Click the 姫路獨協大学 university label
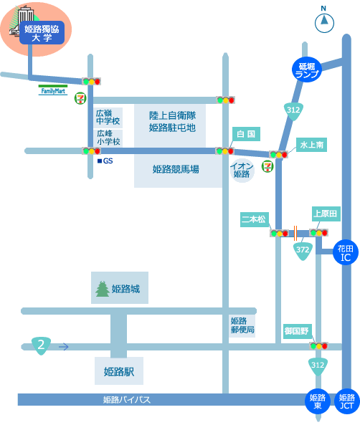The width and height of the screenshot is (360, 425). point(42,32)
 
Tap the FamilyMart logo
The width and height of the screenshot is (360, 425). point(53,90)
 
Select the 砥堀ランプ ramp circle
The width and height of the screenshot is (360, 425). point(306,70)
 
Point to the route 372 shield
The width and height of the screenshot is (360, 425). point(303,251)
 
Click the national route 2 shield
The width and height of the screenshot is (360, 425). point(41,345)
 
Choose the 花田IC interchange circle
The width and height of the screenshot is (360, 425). point(346,252)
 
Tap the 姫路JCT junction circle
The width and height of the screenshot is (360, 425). point(346,401)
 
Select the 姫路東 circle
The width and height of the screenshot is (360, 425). point(318,401)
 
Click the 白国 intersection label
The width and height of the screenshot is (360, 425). point(246,134)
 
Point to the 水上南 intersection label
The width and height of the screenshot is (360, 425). point(311,145)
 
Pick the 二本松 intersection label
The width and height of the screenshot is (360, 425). point(254,219)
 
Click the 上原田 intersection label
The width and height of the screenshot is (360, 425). point(326,214)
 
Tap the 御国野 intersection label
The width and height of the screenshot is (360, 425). point(298,331)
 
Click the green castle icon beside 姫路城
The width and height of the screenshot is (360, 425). point(103,289)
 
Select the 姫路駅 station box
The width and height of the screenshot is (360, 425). point(119,371)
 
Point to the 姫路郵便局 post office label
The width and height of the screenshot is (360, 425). point(242,326)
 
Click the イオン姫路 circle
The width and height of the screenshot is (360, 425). point(242,171)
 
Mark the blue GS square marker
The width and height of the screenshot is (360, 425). point(100,161)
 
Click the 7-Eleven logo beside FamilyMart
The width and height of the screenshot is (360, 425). point(80,98)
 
